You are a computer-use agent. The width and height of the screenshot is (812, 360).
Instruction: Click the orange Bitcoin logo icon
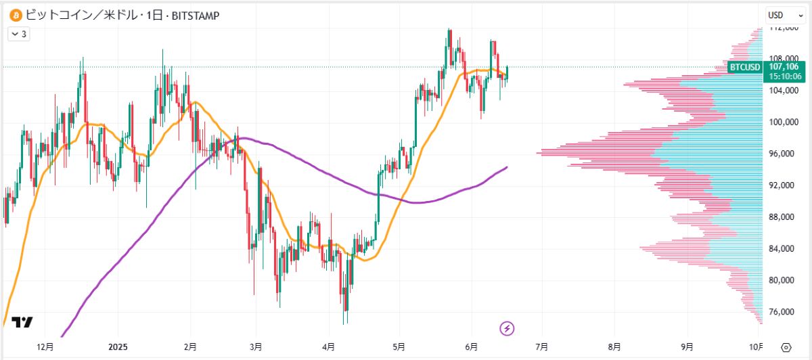point(14,15)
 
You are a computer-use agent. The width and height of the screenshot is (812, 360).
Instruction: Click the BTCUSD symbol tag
point(745,67)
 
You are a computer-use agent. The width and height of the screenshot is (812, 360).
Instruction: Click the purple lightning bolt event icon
point(507,329)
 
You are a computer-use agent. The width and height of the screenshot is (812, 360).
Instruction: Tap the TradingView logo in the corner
point(22,323)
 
